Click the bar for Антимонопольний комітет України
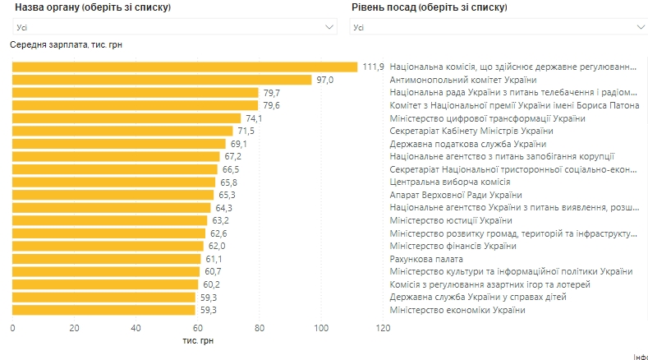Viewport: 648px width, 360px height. [x=162, y=80]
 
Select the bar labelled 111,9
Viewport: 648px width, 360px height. [x=185, y=67]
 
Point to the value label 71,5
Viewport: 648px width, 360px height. [x=246, y=132]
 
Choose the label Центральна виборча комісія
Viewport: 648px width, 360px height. [x=450, y=182]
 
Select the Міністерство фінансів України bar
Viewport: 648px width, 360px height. [x=108, y=246]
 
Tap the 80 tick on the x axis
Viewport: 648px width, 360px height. [x=260, y=328]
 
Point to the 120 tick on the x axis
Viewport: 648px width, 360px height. [x=383, y=328]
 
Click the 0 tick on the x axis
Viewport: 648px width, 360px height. [x=12, y=328]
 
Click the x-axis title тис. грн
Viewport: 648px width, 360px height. [x=197, y=340]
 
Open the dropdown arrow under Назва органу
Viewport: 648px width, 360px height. [x=330, y=27]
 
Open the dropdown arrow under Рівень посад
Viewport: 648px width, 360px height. [x=641, y=27]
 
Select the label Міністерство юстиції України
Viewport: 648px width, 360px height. [x=451, y=220]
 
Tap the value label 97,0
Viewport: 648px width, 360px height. [x=325, y=80]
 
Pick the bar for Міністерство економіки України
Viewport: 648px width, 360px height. [x=103, y=310]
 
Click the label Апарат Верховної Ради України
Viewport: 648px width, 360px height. [x=456, y=195]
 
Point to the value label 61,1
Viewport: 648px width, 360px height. [x=213, y=259]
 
